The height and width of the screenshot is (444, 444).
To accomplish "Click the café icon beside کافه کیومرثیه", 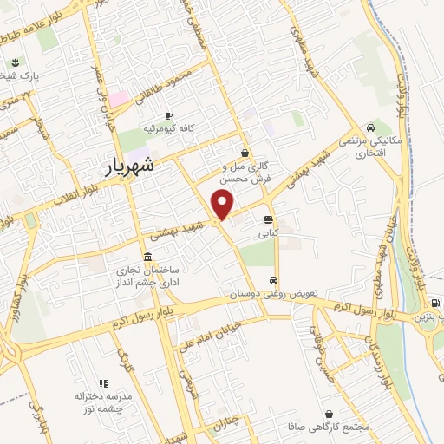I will (x=168, y=115).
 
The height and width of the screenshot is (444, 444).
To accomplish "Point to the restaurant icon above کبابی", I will (x=267, y=219).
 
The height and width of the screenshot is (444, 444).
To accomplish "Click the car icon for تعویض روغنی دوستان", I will (x=274, y=281).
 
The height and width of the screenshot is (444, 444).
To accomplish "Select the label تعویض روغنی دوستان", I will (x=275, y=295).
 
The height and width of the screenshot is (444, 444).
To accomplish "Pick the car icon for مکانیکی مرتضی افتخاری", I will (x=371, y=126).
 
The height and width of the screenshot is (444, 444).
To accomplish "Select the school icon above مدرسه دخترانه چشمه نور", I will (x=102, y=382).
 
